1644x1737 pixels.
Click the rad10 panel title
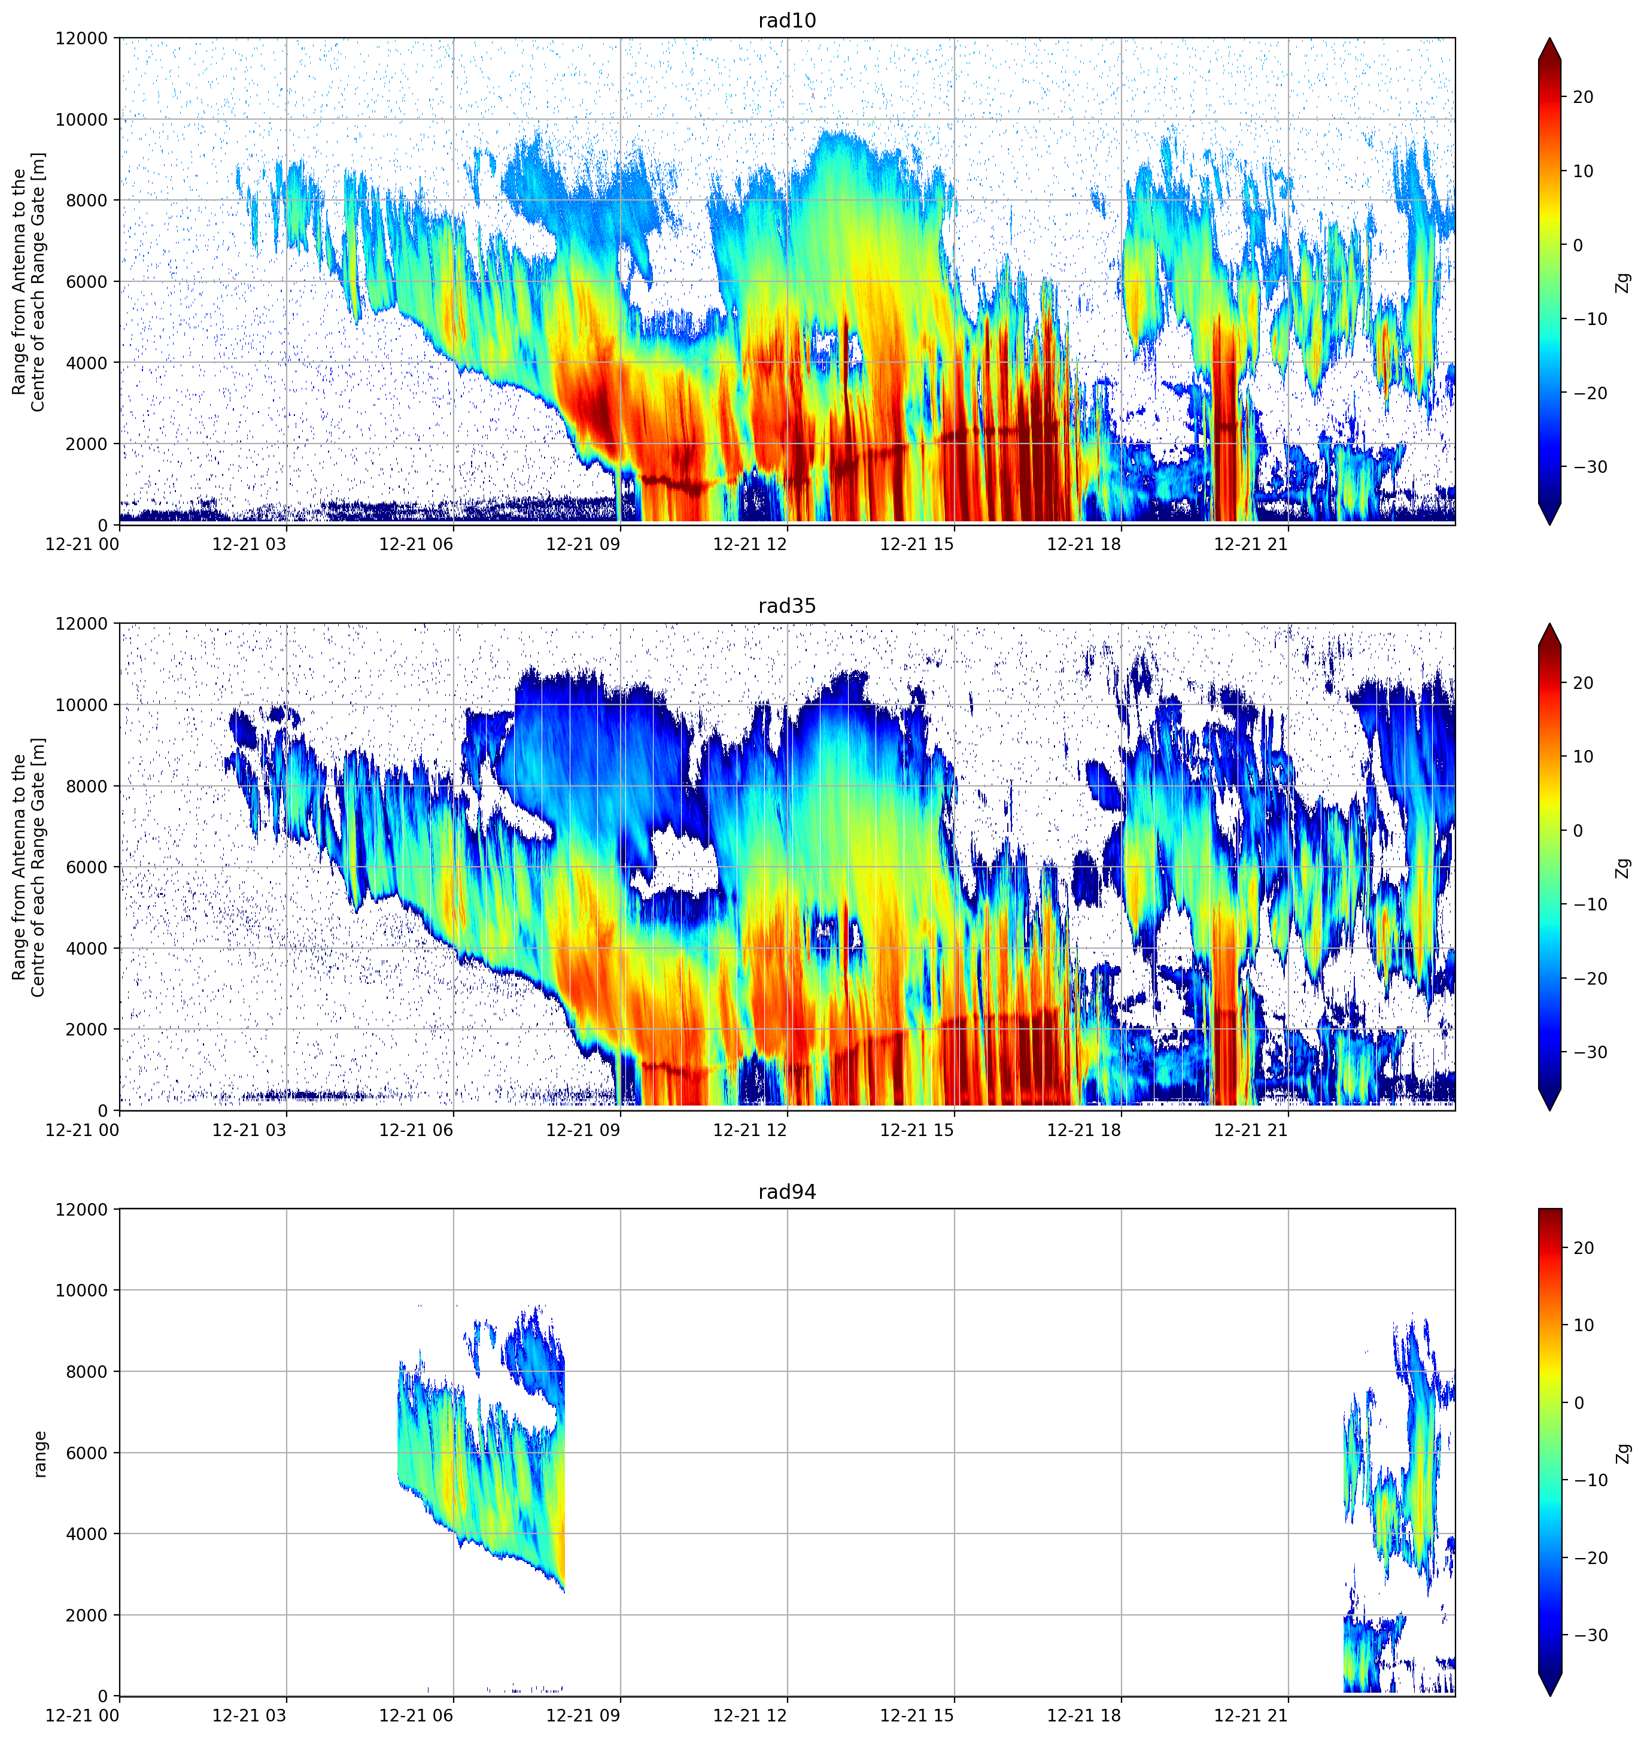[787, 20]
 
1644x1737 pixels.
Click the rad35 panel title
[787, 606]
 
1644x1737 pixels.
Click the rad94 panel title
[787, 1192]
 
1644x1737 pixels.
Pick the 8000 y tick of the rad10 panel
[87, 200]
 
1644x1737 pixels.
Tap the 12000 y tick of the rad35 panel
[83, 624]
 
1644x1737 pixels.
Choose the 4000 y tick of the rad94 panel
[87, 1533]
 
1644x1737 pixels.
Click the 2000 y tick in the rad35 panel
[87, 1029]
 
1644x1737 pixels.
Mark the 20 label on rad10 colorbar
[1584, 98]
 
